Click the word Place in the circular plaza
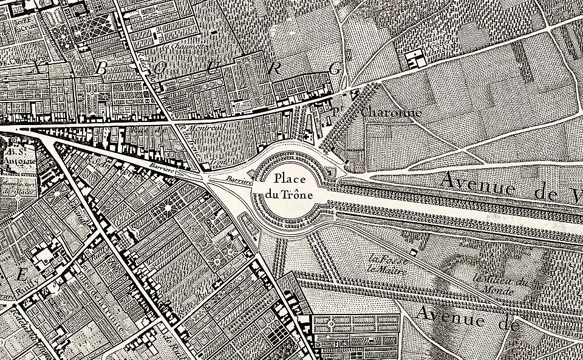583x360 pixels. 288,180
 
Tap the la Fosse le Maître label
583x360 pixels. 387,262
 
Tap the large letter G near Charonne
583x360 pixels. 335,69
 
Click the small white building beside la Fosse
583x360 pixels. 413,251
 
